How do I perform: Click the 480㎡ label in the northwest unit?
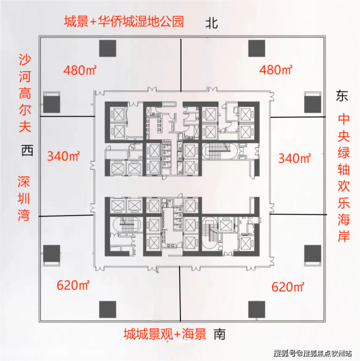click(x=80, y=70)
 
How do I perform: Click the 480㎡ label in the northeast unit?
click(x=276, y=70)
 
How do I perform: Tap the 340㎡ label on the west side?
click(x=64, y=156)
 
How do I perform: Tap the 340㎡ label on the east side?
click(x=295, y=158)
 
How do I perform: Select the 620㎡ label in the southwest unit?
click(x=73, y=285)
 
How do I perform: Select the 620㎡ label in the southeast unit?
click(x=288, y=287)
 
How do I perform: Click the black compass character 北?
click(x=212, y=23)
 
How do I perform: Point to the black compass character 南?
click(x=219, y=334)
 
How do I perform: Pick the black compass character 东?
click(x=342, y=95)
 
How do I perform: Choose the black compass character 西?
click(x=27, y=150)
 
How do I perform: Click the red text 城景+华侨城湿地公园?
click(x=124, y=21)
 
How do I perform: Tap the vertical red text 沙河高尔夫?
click(x=25, y=93)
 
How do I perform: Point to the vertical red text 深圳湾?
click(x=24, y=199)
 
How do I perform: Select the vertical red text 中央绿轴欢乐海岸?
click(x=343, y=178)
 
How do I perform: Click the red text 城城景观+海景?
click(x=165, y=334)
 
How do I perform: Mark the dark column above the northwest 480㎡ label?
click(x=108, y=48)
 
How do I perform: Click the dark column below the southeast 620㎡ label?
click(x=257, y=309)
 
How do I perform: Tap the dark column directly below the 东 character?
click(x=313, y=105)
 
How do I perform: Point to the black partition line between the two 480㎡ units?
click(x=181, y=65)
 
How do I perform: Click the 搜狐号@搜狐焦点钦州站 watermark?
click(x=313, y=353)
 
